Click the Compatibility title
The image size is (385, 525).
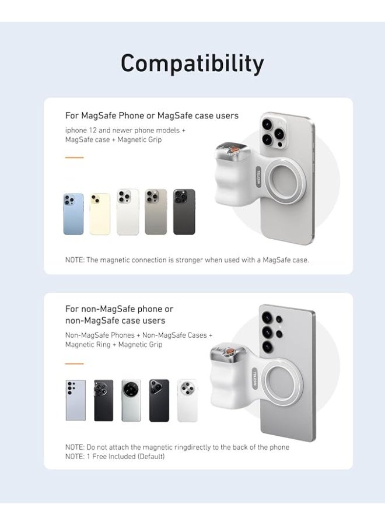tap(192, 63)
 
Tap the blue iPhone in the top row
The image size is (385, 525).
tap(73, 214)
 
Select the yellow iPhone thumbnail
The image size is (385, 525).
tap(100, 214)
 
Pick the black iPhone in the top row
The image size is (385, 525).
tap(184, 212)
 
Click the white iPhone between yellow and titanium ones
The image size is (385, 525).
tap(128, 212)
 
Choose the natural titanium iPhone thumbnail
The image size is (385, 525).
tap(156, 212)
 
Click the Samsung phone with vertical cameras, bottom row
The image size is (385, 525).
tap(75, 400)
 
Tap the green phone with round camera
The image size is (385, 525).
tap(131, 400)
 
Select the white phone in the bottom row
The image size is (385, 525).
tap(187, 400)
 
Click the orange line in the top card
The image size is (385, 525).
tap(74, 157)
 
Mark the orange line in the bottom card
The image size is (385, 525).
tap(74, 363)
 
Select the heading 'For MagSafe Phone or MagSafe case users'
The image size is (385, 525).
tap(152, 116)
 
